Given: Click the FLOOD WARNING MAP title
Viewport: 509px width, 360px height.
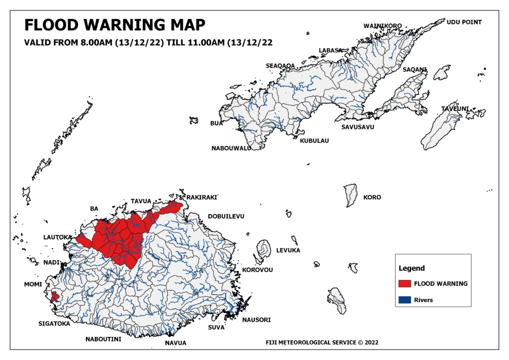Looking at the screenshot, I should pyautogui.click(x=114, y=25).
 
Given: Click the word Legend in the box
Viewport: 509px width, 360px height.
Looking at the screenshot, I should pyautogui.click(x=412, y=268).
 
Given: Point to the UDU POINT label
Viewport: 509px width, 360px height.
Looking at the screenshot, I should pyautogui.click(x=463, y=22).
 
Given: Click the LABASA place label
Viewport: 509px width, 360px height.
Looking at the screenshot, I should pyautogui.click(x=331, y=50).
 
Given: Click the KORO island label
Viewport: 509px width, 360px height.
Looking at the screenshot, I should pyautogui.click(x=372, y=197).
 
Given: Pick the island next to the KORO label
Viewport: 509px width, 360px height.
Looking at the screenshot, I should pyautogui.click(x=351, y=194).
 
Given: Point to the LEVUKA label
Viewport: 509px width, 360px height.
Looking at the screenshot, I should pyautogui.click(x=288, y=250).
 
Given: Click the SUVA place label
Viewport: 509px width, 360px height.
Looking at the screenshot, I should pyautogui.click(x=216, y=327).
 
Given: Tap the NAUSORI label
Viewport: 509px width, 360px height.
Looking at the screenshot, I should pyautogui.click(x=256, y=320).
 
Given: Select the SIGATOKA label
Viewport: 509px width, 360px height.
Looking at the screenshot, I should pyautogui.click(x=53, y=324).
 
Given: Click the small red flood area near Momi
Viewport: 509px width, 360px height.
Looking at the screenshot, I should pyautogui.click(x=55, y=297).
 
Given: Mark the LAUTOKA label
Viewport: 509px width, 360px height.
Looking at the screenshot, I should pyautogui.click(x=57, y=238).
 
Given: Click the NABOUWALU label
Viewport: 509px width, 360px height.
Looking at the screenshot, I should pyautogui.click(x=231, y=148).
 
